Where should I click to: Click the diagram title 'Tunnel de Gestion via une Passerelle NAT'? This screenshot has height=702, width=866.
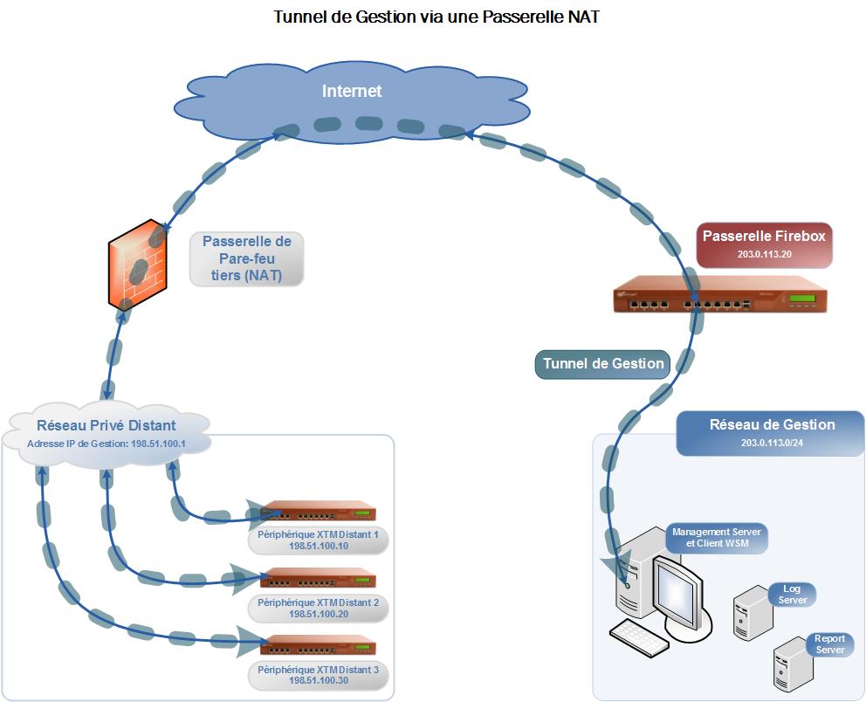(436, 17)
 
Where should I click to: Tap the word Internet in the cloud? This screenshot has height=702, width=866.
(352, 91)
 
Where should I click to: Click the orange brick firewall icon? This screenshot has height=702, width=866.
(137, 265)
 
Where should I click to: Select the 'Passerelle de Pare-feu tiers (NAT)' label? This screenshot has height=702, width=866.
(247, 258)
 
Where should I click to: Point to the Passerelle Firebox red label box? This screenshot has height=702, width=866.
(764, 244)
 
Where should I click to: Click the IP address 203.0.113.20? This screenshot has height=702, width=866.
(764, 254)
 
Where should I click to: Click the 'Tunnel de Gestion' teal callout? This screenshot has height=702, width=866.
(603, 364)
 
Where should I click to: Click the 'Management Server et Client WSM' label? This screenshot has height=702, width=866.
(717, 538)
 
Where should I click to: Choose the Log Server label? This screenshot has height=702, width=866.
(792, 595)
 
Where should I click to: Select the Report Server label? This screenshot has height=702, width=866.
(829, 644)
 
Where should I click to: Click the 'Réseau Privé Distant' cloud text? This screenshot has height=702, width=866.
(107, 426)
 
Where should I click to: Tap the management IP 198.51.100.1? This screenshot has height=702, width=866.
(107, 444)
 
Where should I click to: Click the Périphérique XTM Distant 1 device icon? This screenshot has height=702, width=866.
(319, 512)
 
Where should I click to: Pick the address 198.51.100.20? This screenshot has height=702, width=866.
(318, 614)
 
